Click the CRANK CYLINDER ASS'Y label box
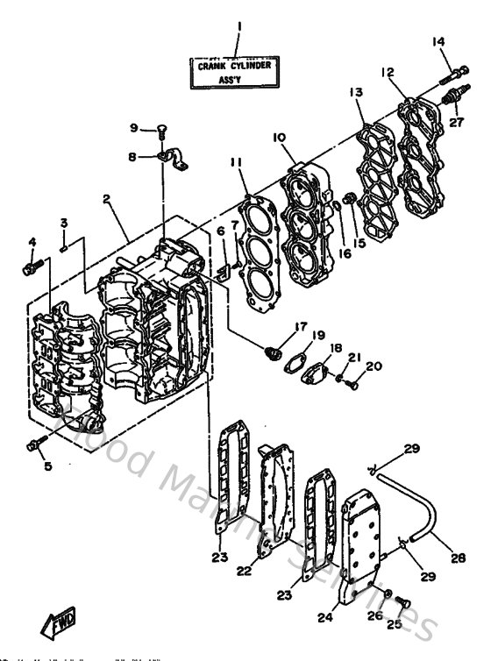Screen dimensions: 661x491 238,71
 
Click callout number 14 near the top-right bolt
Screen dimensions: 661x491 439,41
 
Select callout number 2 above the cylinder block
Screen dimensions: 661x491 106,199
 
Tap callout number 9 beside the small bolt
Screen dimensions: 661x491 135,128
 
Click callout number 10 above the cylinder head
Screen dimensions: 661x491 280,138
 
